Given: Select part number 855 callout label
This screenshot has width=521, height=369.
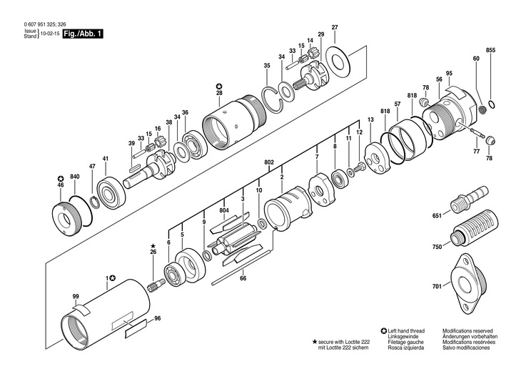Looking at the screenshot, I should pos(490,51).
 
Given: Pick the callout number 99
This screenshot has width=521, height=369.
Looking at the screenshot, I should pos(75,296).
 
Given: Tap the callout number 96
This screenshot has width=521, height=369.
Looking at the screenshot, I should pos(158,318).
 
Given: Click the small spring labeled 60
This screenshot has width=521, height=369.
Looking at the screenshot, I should pos(482,109).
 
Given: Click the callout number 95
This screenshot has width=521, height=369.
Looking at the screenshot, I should pos(449,74).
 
